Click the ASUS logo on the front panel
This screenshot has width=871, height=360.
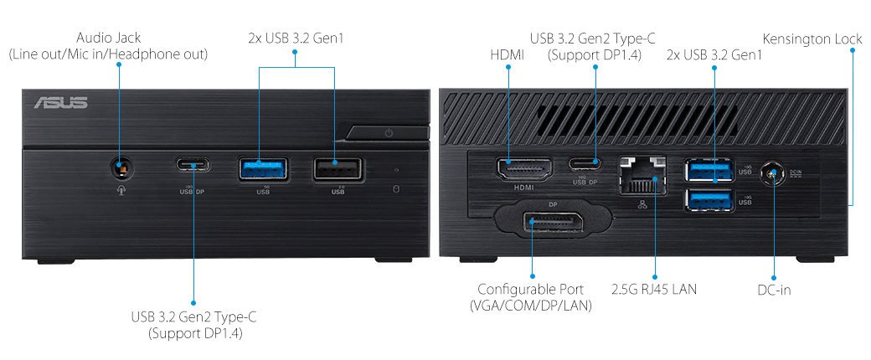(x=60, y=103)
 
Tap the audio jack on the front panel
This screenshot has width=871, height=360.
(x=120, y=167)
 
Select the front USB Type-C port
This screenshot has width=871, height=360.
(x=193, y=164)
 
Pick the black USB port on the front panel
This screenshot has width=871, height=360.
(x=338, y=168)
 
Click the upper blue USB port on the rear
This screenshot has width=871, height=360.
(x=709, y=170)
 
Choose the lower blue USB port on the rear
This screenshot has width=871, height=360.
(x=709, y=199)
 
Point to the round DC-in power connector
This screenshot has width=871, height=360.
(x=773, y=174)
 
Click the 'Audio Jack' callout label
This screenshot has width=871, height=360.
(x=108, y=39)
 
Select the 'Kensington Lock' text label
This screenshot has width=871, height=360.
(x=812, y=39)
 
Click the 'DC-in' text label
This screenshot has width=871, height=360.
(x=773, y=290)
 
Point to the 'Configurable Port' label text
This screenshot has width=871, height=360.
(x=531, y=290)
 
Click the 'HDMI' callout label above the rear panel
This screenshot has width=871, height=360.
(x=507, y=54)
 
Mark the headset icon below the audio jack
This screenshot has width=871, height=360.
(x=120, y=188)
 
